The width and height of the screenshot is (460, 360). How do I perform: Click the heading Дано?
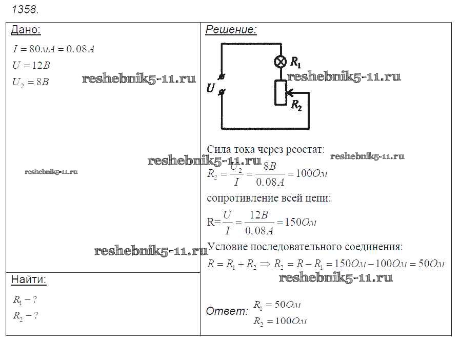click(x=25, y=30)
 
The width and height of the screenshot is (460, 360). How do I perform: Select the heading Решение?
click(x=231, y=30)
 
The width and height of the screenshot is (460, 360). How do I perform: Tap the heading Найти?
click(x=28, y=279)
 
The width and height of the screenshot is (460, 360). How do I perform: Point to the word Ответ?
click(x=227, y=311)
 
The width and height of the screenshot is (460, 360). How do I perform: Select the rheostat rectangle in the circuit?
click(x=281, y=92)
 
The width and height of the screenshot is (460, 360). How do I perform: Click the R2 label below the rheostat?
click(x=296, y=106)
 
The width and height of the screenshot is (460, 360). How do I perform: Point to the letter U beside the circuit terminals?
click(x=210, y=88)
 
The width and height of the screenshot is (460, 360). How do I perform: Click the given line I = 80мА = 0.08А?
click(x=53, y=49)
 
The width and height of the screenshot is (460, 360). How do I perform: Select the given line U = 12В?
click(x=31, y=65)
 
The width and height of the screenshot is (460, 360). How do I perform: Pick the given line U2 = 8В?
click(x=31, y=81)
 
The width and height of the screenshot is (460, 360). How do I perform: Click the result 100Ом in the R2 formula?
click(x=312, y=173)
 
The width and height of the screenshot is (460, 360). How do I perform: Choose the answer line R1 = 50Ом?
click(x=277, y=305)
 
